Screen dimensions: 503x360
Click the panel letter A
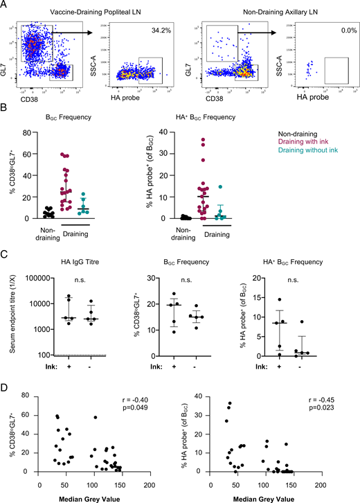(6, 6)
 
